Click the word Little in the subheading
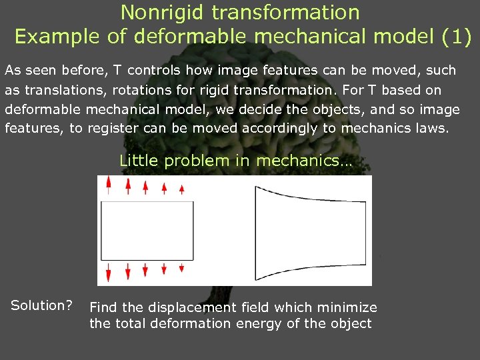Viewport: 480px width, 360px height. pyautogui.click(x=139, y=161)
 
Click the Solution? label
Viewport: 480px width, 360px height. pyautogui.click(x=41, y=306)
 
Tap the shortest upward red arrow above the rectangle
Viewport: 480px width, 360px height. pyautogui.click(x=182, y=190)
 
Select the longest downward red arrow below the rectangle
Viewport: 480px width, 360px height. pyautogui.click(x=109, y=273)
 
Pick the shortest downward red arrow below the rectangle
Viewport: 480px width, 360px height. pyautogui.click(x=182, y=269)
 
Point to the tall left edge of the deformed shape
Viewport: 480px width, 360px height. pyautogui.click(x=256, y=231)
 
